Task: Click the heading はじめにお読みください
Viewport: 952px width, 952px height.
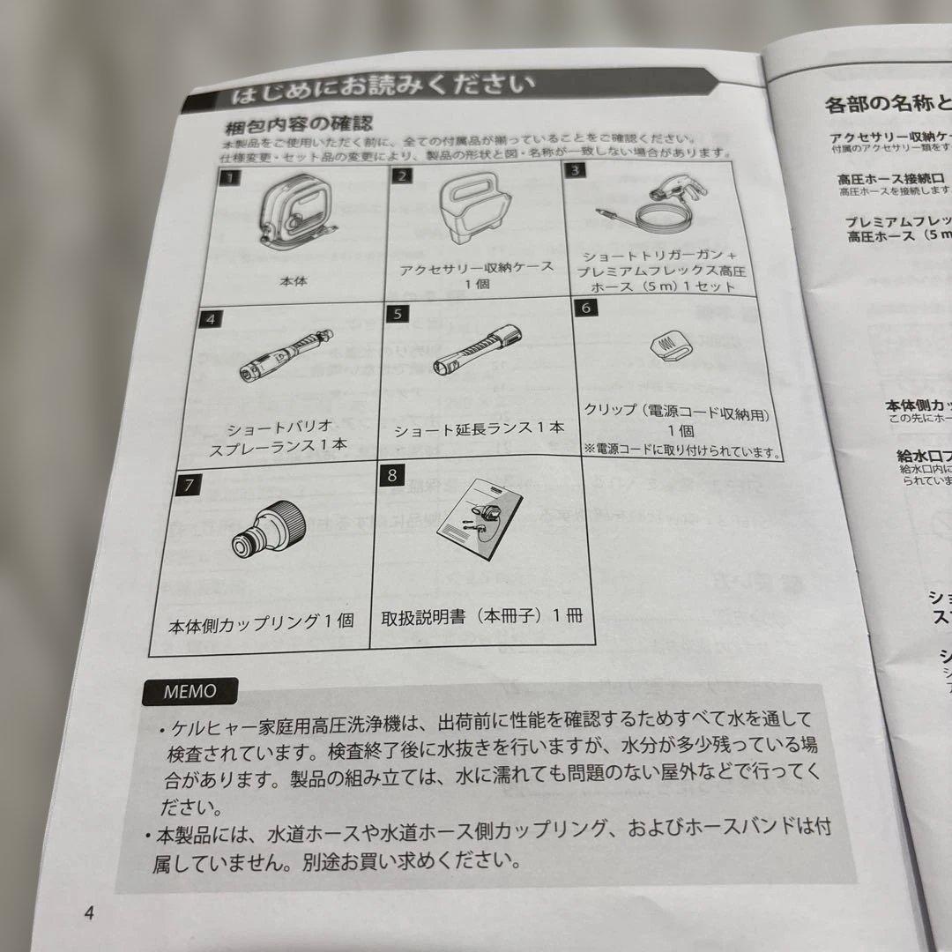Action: [379, 87]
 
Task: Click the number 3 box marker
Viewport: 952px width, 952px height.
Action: [576, 170]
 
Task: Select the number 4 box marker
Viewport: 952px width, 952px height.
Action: [210, 319]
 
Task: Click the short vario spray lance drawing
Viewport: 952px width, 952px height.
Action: [284, 357]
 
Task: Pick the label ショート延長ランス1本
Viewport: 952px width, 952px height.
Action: [479, 428]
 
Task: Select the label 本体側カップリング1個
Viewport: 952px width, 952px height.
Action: [261, 621]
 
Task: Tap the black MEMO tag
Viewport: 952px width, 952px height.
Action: [189, 691]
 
